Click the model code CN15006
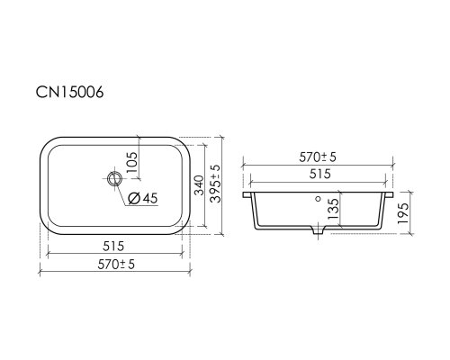coord(69,92)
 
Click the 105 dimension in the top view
coord(132,162)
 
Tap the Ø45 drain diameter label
coord(142,198)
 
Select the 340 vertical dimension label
coord(199,185)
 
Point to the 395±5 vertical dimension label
coord(215,184)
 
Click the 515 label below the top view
coord(113,247)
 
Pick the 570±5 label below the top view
coord(116,265)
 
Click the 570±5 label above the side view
coord(318,157)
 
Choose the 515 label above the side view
coord(319,174)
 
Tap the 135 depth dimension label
coord(333,209)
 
